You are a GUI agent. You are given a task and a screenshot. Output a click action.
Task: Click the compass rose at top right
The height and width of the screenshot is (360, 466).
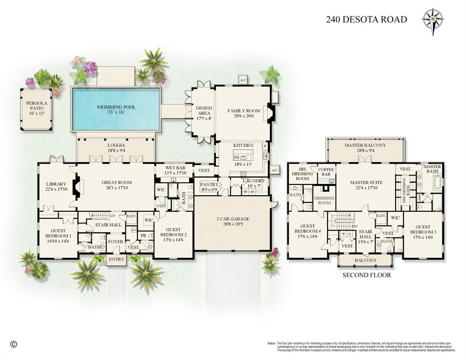tap(433, 19)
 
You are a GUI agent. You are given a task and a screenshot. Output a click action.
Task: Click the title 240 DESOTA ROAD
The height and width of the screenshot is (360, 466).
tap(367, 20)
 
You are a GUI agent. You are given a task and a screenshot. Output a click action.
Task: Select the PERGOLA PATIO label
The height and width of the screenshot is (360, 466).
tap(37, 104)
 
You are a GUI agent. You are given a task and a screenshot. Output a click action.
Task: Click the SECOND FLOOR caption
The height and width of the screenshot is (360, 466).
tap(366, 275)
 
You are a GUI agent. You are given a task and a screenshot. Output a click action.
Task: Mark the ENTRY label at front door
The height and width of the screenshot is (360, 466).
tap(116, 260)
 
